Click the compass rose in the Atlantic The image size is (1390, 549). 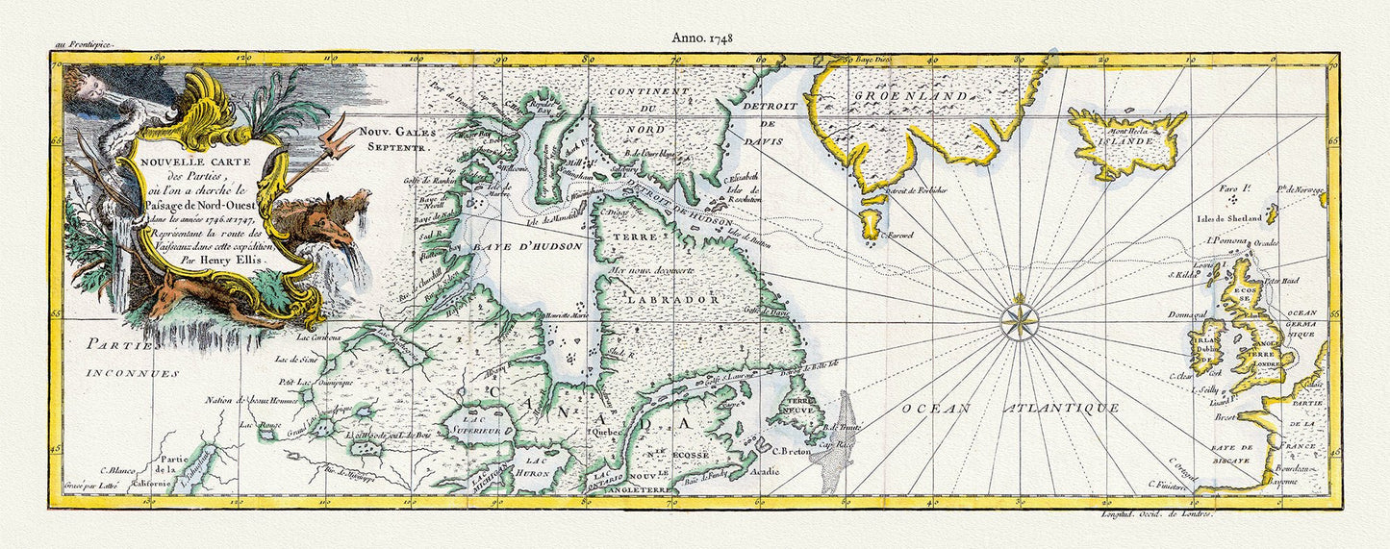[1018, 320]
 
